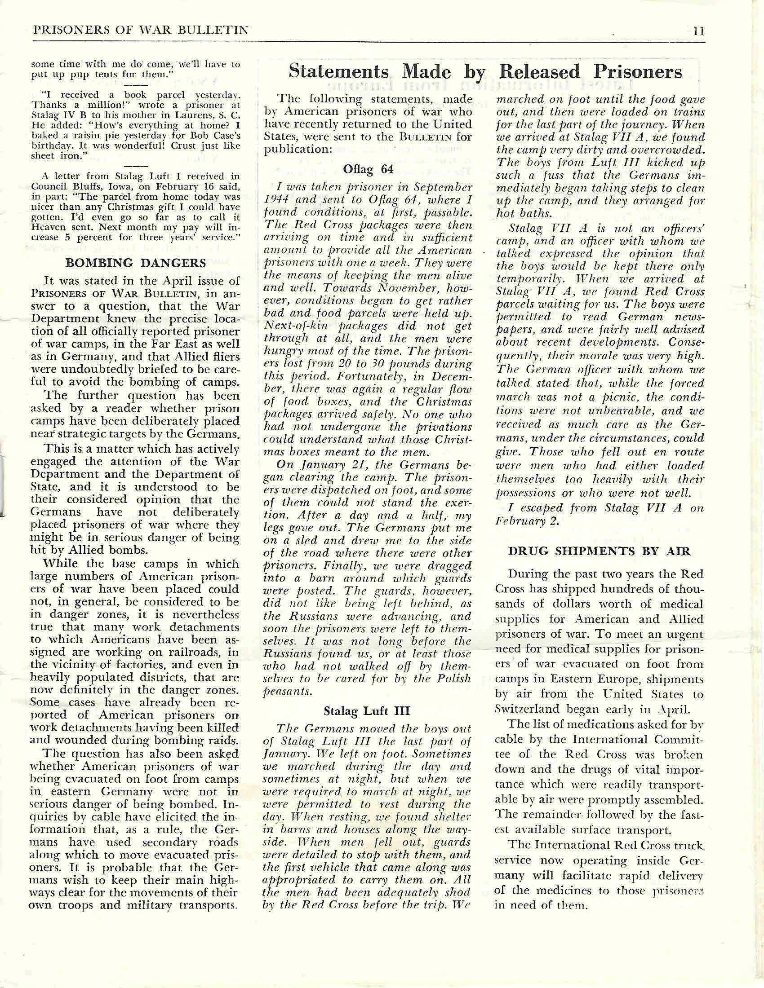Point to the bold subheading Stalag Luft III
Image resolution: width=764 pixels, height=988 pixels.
367,711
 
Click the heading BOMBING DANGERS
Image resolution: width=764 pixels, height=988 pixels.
136,262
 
